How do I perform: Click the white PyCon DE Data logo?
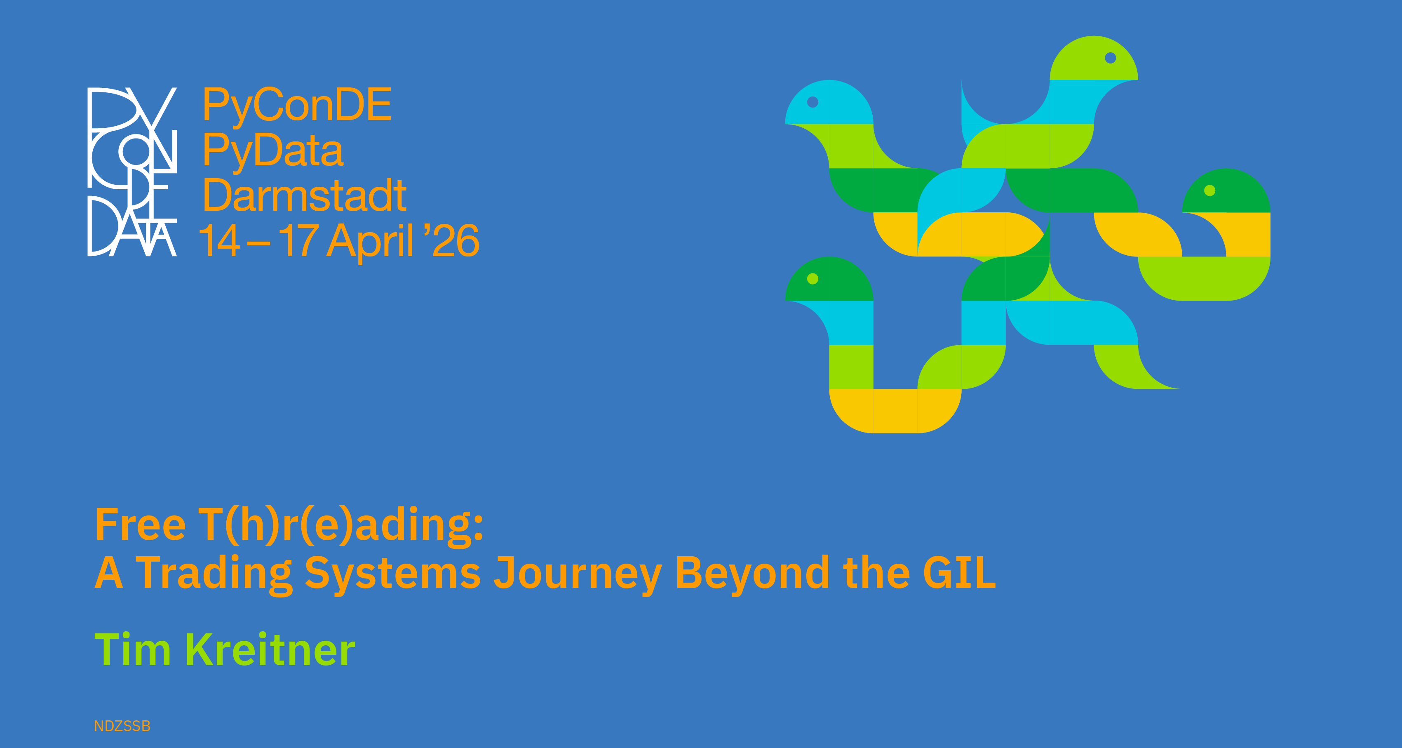point(132,172)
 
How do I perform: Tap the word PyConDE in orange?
point(297,105)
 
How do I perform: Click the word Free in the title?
point(141,524)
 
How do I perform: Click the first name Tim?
point(133,649)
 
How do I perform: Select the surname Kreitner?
point(270,649)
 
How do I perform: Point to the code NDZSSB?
point(122,726)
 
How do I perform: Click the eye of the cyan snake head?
point(813,102)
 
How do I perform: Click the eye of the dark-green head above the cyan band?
point(813,279)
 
